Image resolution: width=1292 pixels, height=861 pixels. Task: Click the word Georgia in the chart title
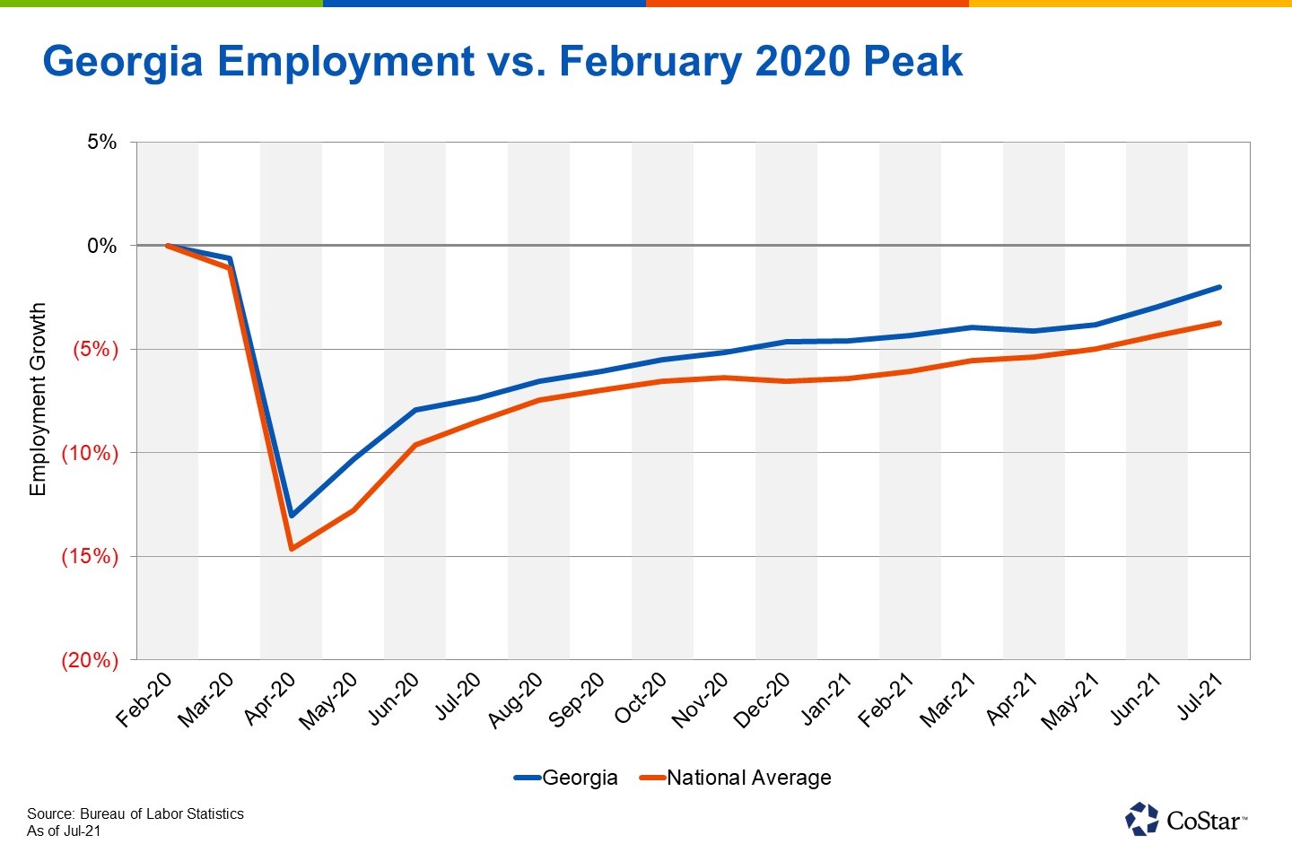[124, 62]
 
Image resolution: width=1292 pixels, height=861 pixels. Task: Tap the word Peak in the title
[912, 62]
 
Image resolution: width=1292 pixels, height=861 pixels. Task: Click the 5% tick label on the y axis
[102, 142]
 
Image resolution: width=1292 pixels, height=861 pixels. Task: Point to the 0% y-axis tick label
[102, 246]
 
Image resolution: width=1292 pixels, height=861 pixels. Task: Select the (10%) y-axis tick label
[90, 453]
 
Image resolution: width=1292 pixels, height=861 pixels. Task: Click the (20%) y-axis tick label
[90, 660]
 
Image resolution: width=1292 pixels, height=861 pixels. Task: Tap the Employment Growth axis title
[38, 399]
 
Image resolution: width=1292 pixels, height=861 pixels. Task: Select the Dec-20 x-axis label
[763, 700]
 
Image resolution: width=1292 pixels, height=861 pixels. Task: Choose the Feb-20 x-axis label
[145, 700]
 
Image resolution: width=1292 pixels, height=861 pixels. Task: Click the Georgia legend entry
[566, 778]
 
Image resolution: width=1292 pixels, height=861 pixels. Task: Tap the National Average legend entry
[736, 778]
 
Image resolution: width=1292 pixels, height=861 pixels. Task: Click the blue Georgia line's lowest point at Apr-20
[292, 516]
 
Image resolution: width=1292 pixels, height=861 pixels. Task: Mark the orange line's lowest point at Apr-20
[292, 549]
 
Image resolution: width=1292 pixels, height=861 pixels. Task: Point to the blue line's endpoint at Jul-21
[1219, 287]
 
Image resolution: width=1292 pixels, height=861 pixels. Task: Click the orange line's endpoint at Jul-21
[1219, 323]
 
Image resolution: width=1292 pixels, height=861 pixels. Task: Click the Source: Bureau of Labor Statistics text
[135, 813]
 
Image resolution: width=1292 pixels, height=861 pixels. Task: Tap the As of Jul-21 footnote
[64, 831]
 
